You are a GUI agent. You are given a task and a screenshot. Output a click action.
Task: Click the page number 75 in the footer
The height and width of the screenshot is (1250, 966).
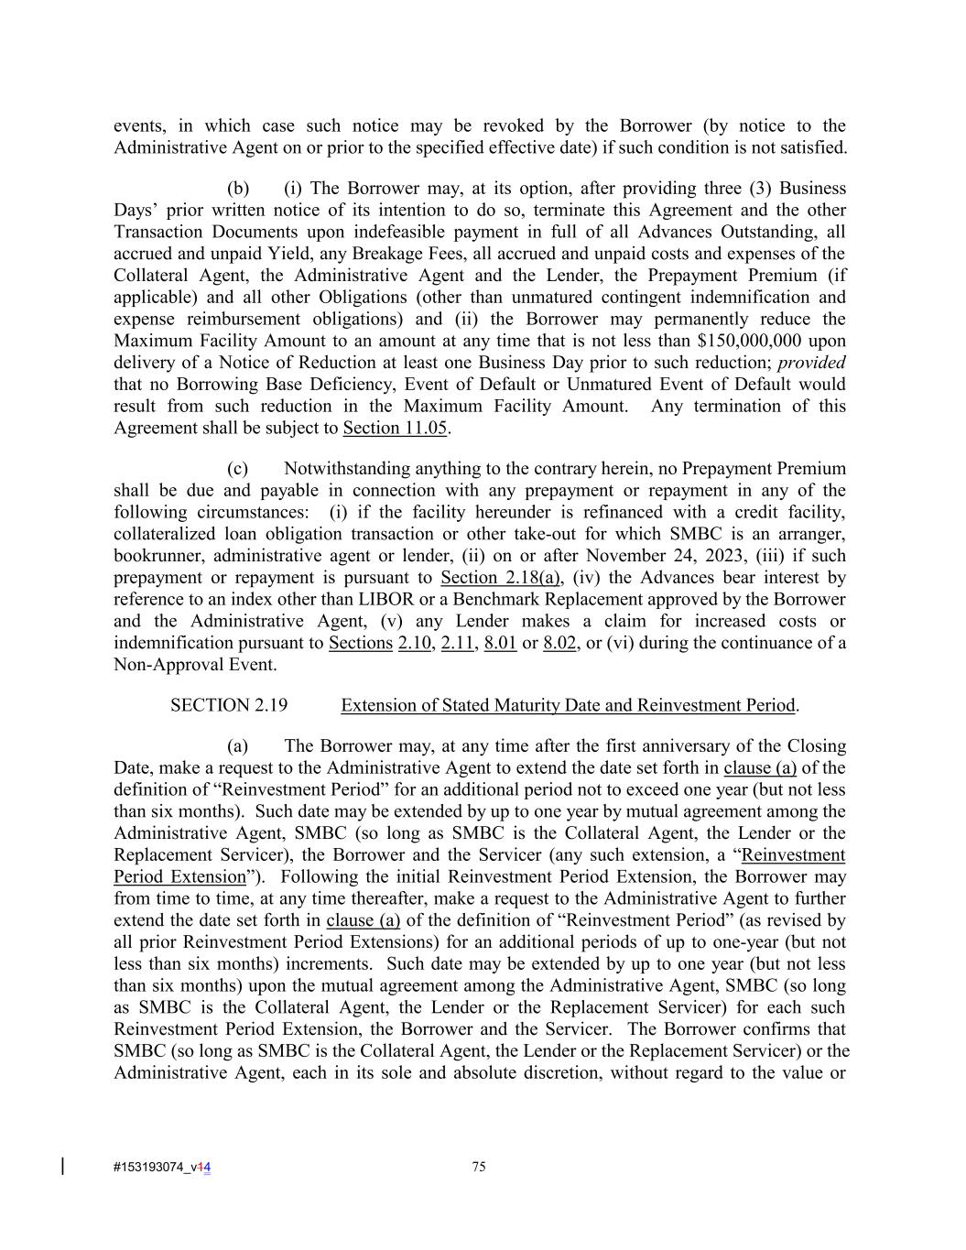[x=478, y=1167]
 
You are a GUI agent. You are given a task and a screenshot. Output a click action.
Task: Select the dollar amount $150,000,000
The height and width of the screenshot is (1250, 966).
[x=751, y=341]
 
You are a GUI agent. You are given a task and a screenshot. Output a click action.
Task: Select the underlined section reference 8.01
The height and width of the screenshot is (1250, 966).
[x=500, y=643]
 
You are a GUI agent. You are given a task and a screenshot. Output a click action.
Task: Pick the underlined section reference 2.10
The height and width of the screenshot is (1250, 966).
[x=414, y=643]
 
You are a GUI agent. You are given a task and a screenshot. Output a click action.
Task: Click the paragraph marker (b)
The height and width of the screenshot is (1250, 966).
[x=238, y=189]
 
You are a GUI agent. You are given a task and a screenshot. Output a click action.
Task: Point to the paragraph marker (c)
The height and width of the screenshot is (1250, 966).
[x=237, y=469]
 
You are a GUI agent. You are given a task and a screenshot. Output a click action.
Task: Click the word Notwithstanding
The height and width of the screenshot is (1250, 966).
[x=342, y=469]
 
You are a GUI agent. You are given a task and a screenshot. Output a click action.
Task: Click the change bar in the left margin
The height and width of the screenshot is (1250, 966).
[x=62, y=1166]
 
